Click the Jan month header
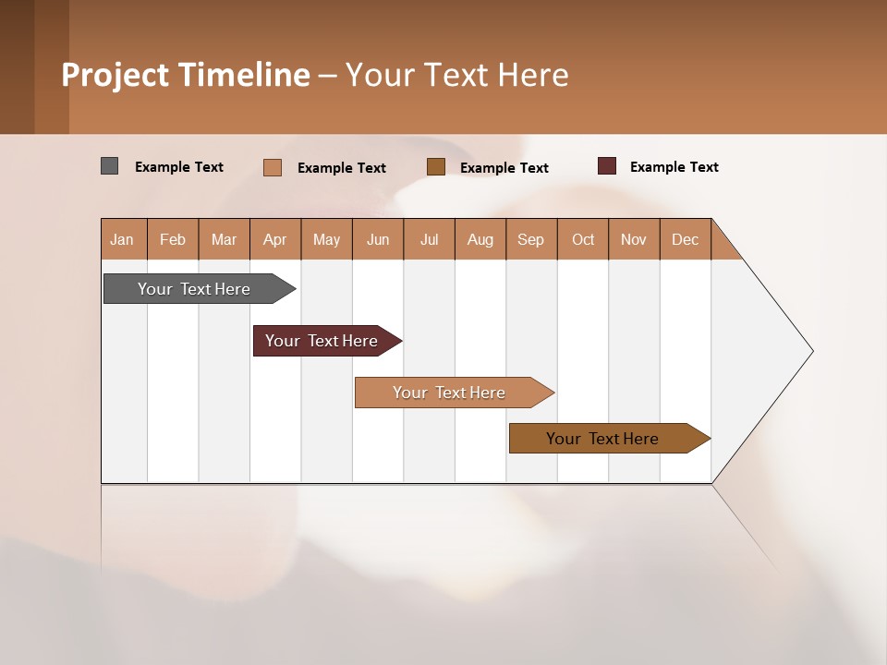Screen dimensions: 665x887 [122, 239]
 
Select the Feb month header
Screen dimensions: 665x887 [173, 239]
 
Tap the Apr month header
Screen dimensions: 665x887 [275, 239]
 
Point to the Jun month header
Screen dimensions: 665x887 [378, 239]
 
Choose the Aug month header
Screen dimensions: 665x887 [480, 239]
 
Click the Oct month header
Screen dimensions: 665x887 [583, 239]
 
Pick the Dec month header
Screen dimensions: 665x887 [686, 239]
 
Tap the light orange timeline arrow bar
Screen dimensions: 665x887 [450, 393]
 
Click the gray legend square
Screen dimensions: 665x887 [109, 166]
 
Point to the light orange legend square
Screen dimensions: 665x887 [273, 167]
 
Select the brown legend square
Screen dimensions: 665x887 [436, 166]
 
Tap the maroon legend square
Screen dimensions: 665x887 [607, 166]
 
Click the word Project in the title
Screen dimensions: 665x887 [115, 75]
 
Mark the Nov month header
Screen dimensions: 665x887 [634, 239]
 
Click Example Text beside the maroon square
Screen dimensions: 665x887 [674, 167]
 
